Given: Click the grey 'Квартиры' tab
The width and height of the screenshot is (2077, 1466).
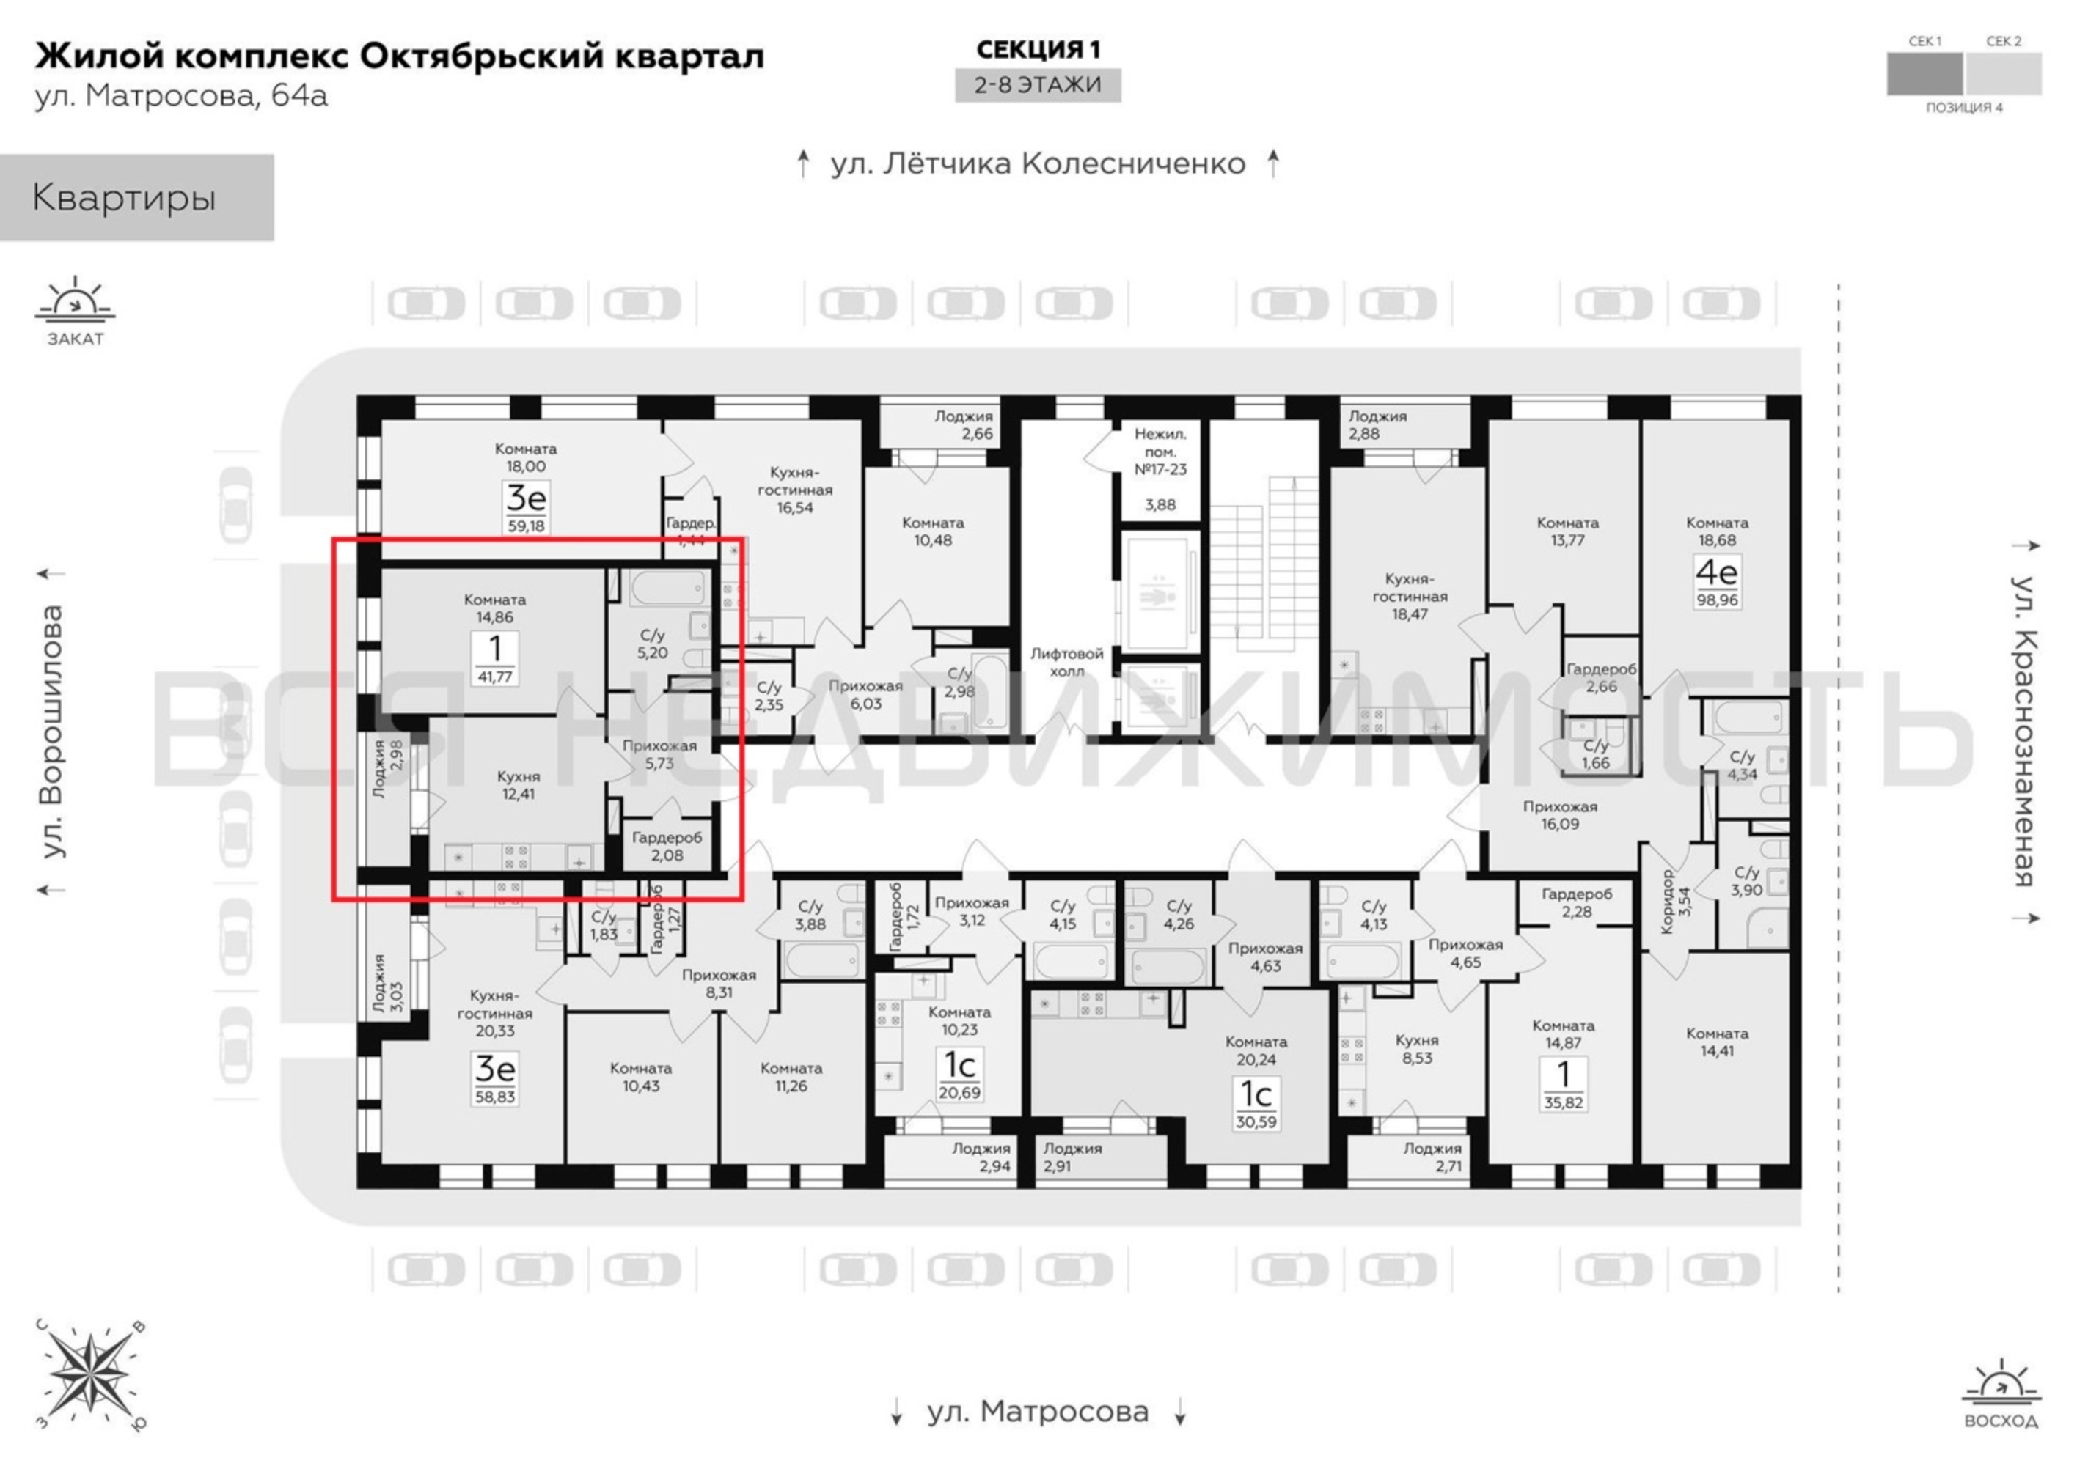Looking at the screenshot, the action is tap(136, 197).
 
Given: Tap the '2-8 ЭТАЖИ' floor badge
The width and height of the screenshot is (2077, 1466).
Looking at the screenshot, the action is tap(1038, 85).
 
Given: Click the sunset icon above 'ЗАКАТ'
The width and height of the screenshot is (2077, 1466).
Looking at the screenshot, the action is tap(75, 302).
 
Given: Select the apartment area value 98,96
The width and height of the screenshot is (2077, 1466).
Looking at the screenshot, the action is tap(1716, 600).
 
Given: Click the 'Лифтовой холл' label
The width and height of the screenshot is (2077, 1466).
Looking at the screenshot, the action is tap(1067, 662).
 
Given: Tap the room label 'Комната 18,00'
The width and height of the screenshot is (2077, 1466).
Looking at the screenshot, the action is tap(526, 457).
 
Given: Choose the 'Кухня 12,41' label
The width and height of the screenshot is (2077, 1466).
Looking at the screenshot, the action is tap(519, 786).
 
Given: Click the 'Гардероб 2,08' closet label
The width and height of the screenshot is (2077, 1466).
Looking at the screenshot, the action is tap(667, 847).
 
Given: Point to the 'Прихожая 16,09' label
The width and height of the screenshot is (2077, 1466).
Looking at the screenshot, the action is tap(1559, 815).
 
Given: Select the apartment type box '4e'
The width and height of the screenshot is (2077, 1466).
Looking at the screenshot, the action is tap(1716, 572).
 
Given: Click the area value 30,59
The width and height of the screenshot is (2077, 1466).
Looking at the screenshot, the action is tap(1256, 1122).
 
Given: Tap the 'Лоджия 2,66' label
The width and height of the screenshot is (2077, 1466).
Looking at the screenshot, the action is tap(964, 425).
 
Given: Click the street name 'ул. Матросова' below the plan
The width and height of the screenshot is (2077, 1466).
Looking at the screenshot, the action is tap(1038, 1412).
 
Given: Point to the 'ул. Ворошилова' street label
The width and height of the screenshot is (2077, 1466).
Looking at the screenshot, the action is tap(53, 732).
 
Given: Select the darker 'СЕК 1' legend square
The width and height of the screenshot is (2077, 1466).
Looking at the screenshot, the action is tap(1924, 74).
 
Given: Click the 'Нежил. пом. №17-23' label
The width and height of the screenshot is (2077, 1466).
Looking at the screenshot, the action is tap(1161, 452).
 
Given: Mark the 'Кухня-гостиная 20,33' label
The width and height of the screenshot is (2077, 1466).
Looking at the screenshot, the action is tap(495, 1013).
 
